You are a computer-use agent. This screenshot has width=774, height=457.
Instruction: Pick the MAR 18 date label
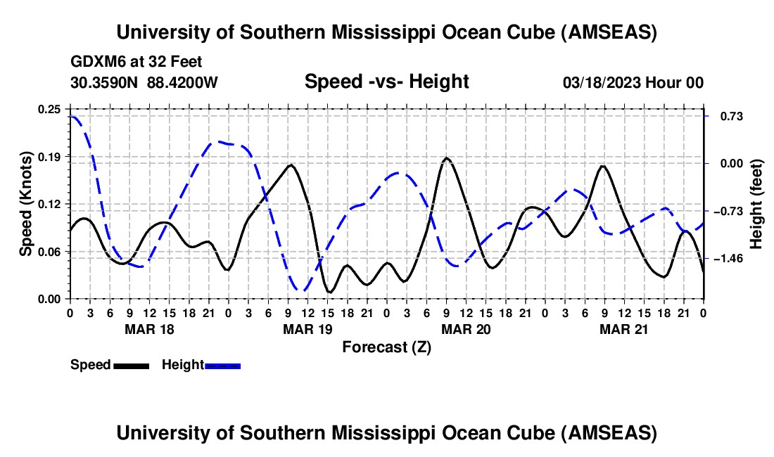point(149,328)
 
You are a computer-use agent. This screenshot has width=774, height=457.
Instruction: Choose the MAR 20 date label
point(465,328)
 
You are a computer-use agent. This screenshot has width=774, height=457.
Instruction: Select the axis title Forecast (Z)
point(386,347)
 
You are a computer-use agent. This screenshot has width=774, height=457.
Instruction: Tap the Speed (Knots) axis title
point(26,203)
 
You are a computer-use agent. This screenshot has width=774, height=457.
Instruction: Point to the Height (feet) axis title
point(757,204)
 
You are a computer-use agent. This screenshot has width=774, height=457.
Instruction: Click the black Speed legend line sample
point(130,365)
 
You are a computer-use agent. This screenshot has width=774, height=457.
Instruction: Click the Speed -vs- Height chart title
point(386,82)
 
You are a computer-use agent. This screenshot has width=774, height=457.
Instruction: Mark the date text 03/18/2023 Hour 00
point(633,82)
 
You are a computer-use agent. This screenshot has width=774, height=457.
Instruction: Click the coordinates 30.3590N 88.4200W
point(144,82)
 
